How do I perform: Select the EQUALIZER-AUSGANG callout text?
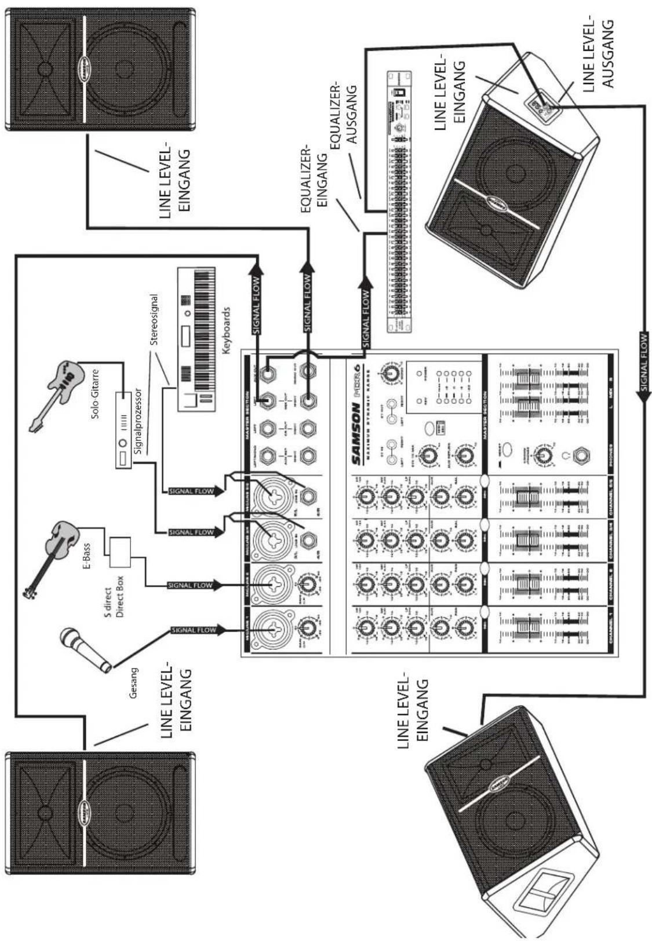[347, 116]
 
